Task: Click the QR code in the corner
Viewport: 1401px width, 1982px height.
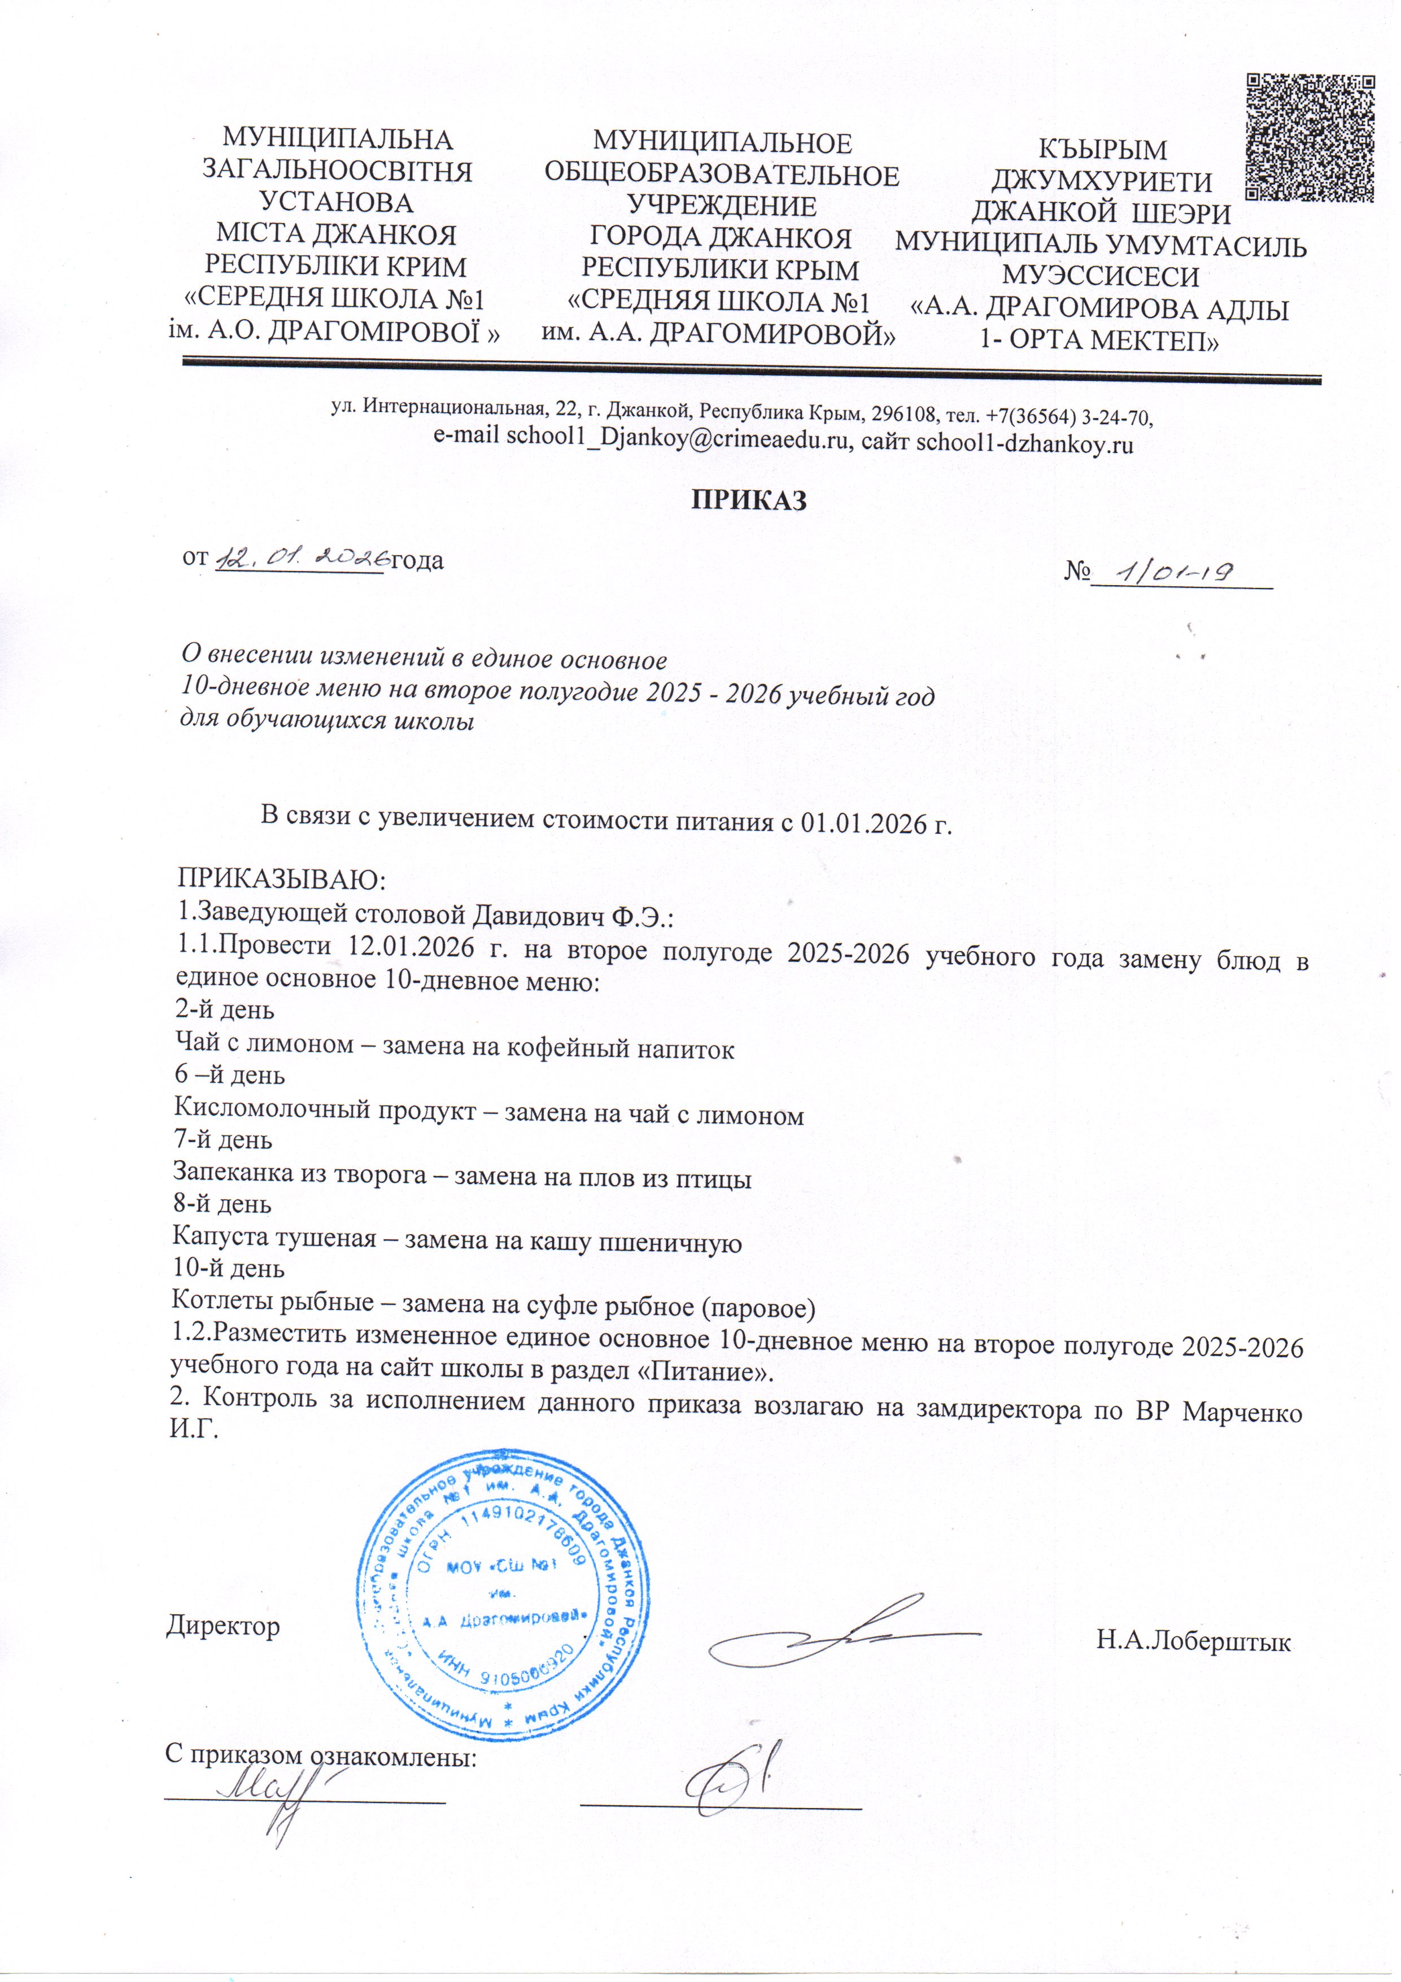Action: coord(1310,138)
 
